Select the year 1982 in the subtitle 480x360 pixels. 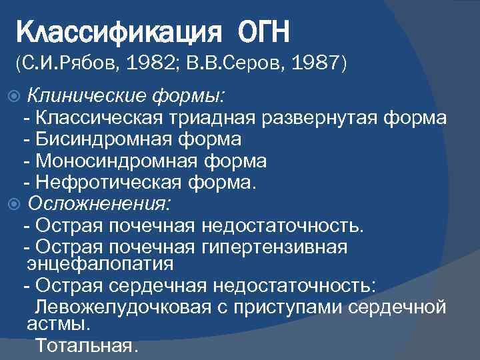click(x=153, y=64)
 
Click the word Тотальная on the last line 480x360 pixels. click(x=86, y=347)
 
